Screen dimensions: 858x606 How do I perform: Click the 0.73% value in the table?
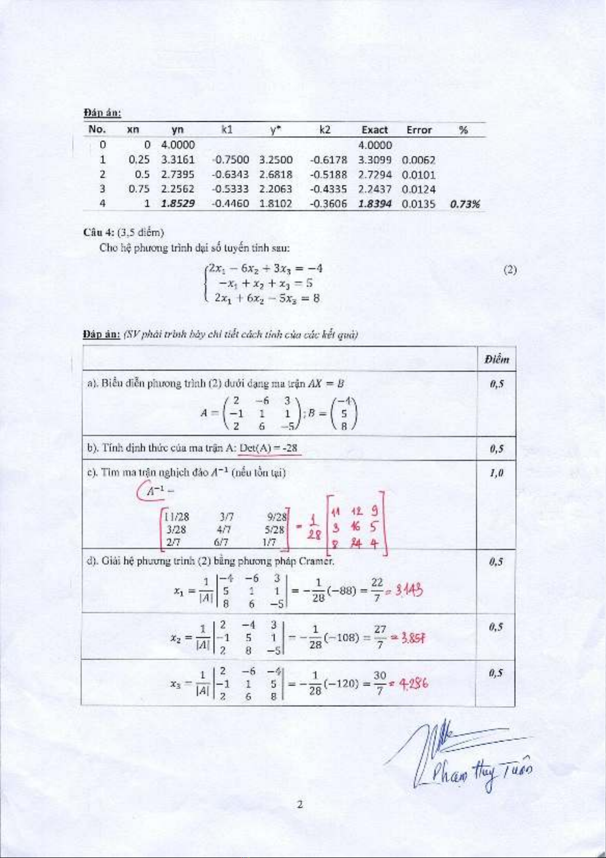pos(464,203)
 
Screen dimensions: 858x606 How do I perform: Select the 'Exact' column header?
pos(374,130)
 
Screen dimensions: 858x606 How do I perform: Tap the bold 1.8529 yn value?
pos(177,203)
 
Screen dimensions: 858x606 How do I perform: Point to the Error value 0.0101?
pos(418,174)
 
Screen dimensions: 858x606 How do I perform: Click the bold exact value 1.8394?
pos(374,203)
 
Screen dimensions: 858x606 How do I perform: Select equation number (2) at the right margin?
pos(510,269)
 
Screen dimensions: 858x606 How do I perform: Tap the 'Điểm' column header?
pos(496,359)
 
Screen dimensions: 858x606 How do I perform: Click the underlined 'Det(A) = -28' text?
pos(269,448)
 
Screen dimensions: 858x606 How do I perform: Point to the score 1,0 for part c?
pos(496,473)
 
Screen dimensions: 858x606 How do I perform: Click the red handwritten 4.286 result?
pos(413,684)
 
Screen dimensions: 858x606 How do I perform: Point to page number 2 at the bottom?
pos(300,805)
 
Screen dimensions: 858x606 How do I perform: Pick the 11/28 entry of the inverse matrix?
pos(177,516)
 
